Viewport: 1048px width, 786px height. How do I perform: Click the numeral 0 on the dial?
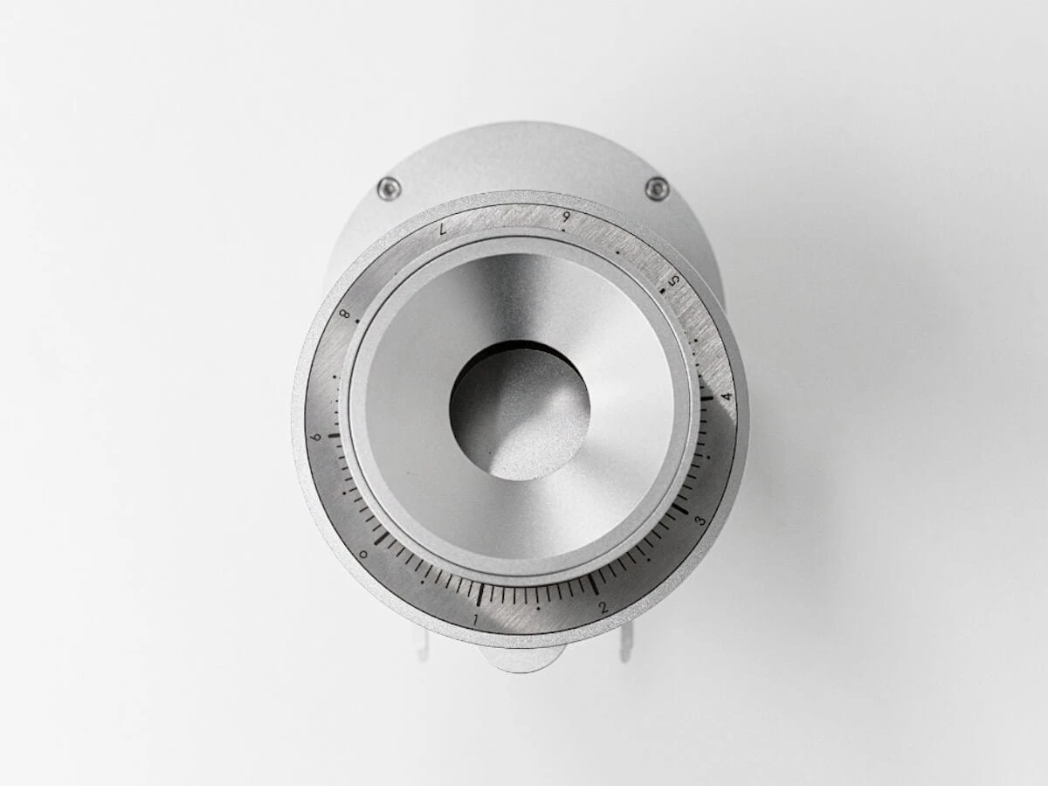[363, 555]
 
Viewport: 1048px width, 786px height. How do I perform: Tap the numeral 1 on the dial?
[476, 619]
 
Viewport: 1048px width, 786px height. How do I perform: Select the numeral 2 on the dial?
[603, 607]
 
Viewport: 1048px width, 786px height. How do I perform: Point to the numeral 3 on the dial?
[700, 521]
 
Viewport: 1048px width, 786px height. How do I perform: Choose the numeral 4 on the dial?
[727, 396]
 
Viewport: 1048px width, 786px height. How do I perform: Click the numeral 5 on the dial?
[673, 280]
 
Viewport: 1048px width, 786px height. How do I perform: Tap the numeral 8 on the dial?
[345, 314]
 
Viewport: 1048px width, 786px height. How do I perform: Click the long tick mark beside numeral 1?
[479, 595]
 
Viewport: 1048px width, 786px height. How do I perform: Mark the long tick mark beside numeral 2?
[593, 583]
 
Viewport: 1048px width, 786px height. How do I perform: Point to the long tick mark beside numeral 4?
[706, 398]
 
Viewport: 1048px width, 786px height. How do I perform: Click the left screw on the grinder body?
[388, 188]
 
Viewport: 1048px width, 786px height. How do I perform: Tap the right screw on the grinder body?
[657, 188]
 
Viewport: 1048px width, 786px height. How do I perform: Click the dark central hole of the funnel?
[519, 410]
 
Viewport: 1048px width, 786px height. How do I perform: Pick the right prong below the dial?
[624, 645]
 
